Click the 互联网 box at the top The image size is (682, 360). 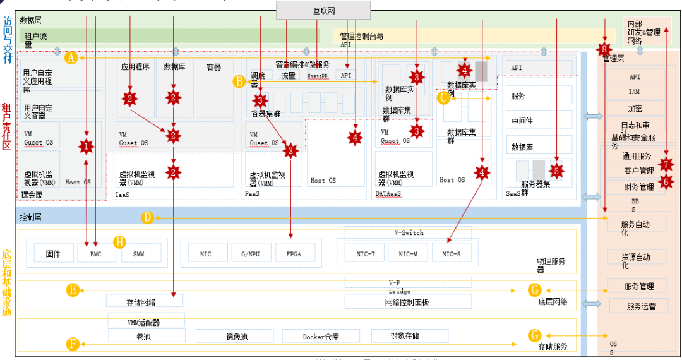[x=323, y=10]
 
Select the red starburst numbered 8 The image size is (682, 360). [x=605, y=49]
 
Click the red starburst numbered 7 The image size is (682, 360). [x=666, y=164]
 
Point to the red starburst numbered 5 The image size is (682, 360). [x=556, y=170]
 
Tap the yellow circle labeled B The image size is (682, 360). [x=239, y=81]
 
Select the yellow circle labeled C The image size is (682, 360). [x=444, y=97]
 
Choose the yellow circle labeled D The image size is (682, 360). [x=147, y=217]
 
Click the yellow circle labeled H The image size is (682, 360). [x=119, y=242]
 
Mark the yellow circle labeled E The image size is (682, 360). [x=73, y=290]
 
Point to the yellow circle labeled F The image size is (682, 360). [x=73, y=344]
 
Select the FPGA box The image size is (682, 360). [x=293, y=253]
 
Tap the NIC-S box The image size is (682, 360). [x=451, y=253]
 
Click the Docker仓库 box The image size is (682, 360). [x=321, y=337]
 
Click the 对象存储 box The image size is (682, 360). [x=404, y=335]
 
